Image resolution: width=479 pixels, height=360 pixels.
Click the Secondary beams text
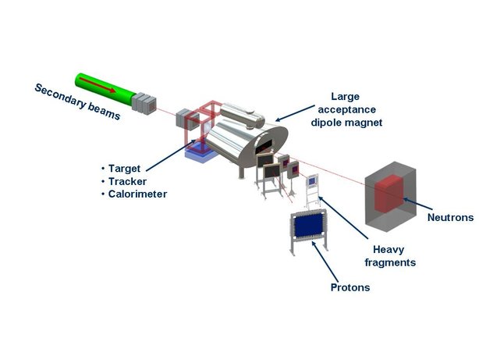point(78,102)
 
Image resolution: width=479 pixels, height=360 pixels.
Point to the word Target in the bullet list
point(126,168)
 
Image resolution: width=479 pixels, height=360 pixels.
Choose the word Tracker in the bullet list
point(129,181)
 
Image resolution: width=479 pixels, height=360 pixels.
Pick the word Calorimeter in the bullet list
point(139,194)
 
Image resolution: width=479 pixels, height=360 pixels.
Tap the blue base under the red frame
point(200,155)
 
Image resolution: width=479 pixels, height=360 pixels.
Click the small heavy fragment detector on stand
point(312,180)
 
